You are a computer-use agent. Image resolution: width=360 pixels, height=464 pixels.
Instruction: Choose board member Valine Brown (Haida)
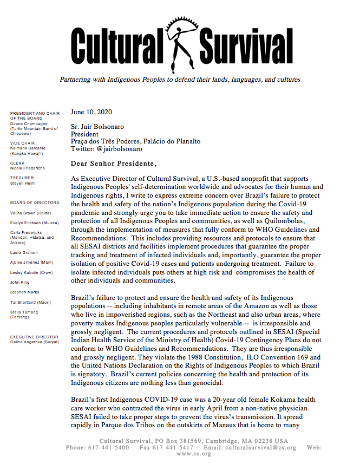pos(31,213)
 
